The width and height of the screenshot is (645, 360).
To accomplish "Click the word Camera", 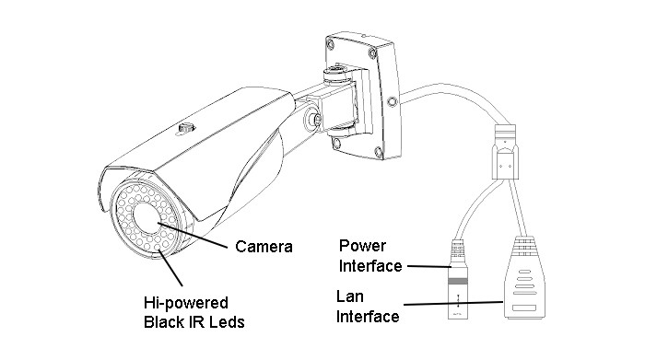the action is (264, 247).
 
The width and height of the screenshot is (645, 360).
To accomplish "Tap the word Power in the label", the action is (362, 246).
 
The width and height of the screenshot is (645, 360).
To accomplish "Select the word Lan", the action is (349, 296).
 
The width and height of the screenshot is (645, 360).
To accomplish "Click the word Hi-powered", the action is (186, 303).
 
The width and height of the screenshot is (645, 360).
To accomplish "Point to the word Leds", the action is (227, 321).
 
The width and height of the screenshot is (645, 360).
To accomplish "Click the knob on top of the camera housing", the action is (186, 127).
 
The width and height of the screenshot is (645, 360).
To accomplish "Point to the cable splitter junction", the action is (505, 152).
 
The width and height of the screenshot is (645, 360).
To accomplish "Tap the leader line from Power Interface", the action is (429, 267).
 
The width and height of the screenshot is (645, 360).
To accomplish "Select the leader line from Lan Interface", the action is (453, 304).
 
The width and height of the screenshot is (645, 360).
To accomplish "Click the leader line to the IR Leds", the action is (170, 268).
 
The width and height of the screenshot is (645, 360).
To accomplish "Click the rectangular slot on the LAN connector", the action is (524, 308).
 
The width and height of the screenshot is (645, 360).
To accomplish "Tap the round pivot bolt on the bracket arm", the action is (314, 119).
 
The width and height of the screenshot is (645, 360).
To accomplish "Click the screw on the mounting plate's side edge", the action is (393, 100).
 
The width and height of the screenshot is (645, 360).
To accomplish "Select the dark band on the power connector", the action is (458, 282).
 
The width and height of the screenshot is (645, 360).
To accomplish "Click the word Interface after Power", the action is (370, 266).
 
